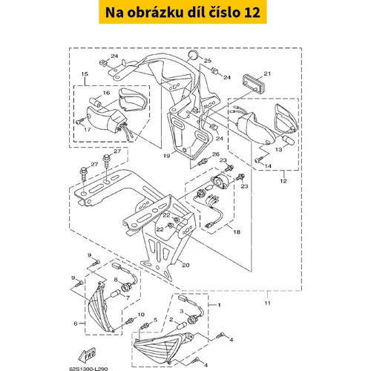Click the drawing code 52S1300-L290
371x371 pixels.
88,369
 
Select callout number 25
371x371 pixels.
208,61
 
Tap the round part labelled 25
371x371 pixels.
193,55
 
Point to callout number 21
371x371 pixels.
267,73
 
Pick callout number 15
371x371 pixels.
85,74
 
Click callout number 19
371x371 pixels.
167,156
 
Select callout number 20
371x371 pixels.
185,265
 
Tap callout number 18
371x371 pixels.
237,232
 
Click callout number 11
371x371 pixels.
267,303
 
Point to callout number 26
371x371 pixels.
216,154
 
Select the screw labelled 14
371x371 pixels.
258,160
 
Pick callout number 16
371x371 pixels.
106,93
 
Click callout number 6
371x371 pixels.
76,324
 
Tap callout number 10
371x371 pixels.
141,315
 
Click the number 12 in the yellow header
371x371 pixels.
252,13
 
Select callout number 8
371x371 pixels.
116,280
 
